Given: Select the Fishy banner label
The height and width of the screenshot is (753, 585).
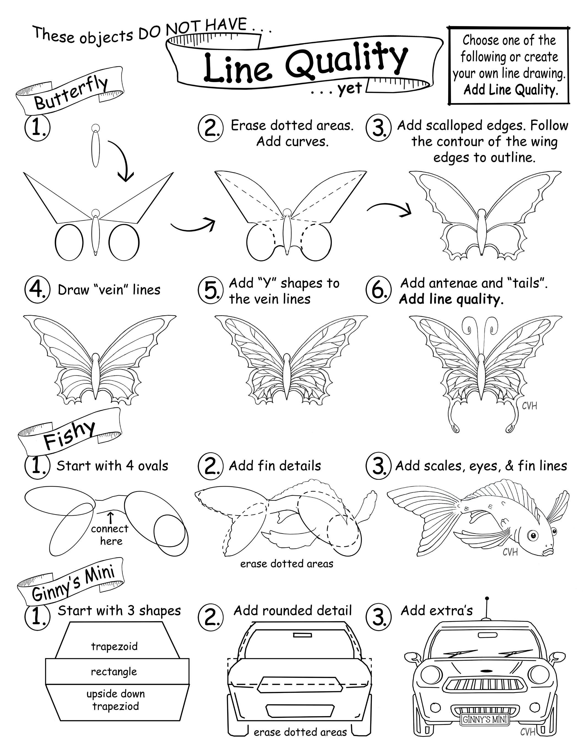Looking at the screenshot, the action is click(69, 435).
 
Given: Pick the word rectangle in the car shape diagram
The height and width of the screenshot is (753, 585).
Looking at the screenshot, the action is click(114, 671).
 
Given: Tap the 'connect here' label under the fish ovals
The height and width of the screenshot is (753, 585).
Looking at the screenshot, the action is click(110, 535).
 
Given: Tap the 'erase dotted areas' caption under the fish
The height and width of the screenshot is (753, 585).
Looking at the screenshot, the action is click(287, 564).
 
